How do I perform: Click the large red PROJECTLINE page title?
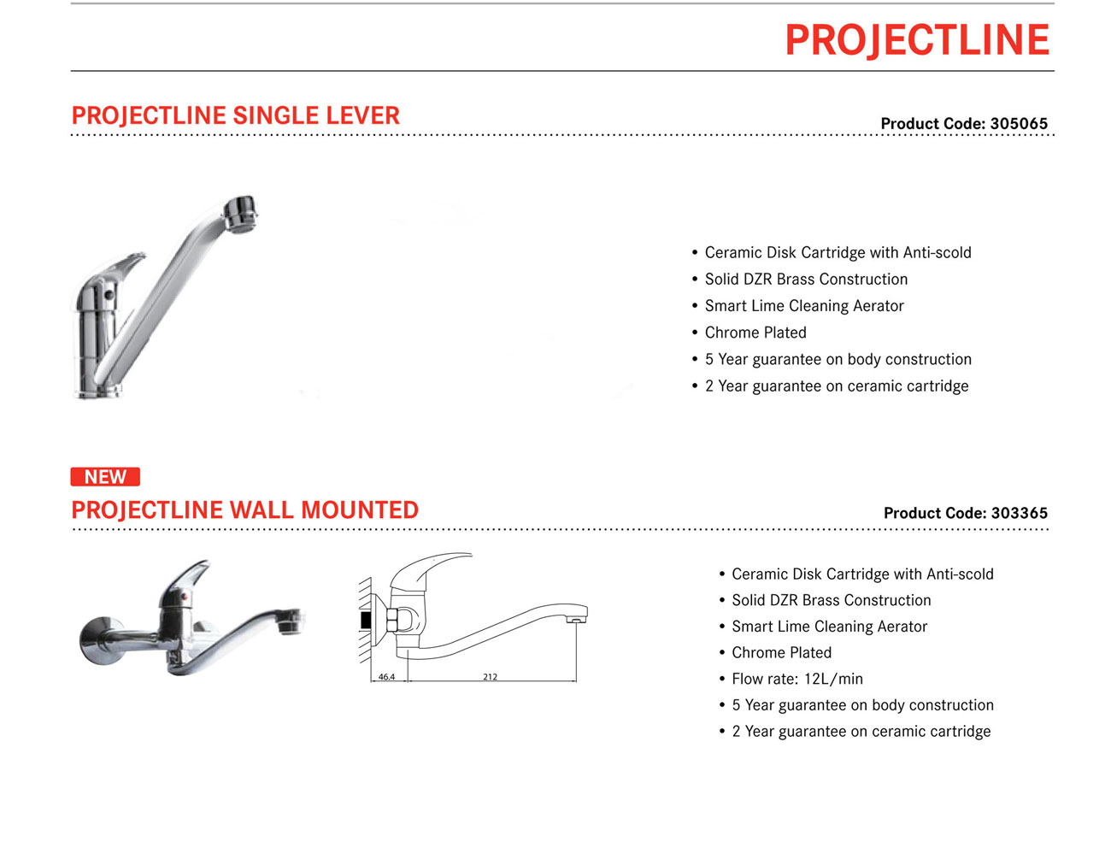coord(917,40)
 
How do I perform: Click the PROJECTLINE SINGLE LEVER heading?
coord(235,115)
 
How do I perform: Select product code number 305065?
coord(1019,124)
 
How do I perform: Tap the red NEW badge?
coord(105,476)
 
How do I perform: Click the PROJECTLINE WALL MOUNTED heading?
coord(245,509)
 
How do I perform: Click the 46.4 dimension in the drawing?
coord(386,677)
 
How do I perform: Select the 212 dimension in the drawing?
coord(490,677)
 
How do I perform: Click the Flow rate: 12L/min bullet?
coord(797,679)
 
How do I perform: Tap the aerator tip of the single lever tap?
coord(240,213)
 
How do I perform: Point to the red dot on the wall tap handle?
coord(186,597)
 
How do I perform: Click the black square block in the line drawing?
coord(366,621)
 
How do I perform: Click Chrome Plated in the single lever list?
coord(755,333)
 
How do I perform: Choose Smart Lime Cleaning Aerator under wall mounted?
coord(829,627)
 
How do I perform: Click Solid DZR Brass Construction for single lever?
coord(806,279)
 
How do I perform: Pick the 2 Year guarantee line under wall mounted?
coord(861,731)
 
